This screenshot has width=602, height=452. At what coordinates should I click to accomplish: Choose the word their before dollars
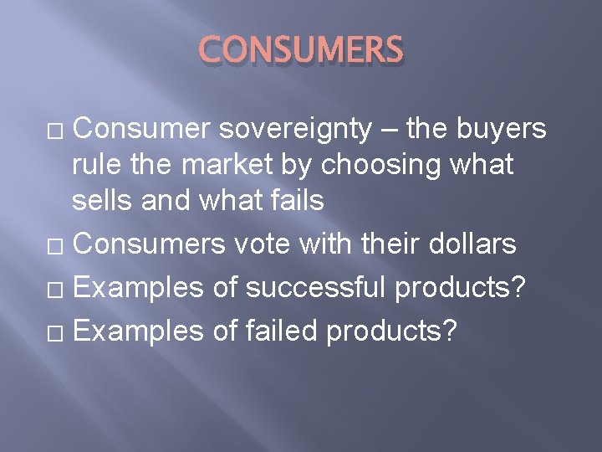point(377,244)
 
